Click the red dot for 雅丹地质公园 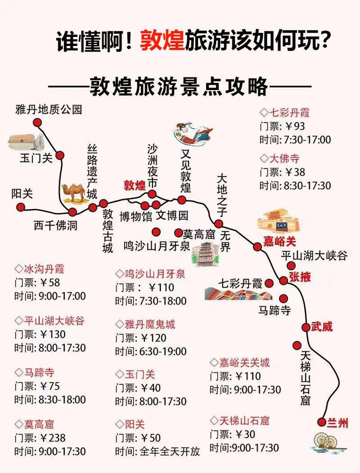point(37,123)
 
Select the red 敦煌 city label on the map point(135,185)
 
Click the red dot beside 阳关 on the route point(20,208)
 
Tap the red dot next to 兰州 point(322,421)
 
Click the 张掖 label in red point(300,277)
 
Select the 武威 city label point(322,327)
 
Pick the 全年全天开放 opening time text point(170,451)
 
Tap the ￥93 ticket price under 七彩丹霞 point(295,127)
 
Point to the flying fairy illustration point(194,132)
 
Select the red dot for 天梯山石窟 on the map point(297,345)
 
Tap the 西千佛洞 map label point(55,225)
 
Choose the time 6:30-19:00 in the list point(163,352)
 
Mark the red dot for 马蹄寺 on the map point(284,299)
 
